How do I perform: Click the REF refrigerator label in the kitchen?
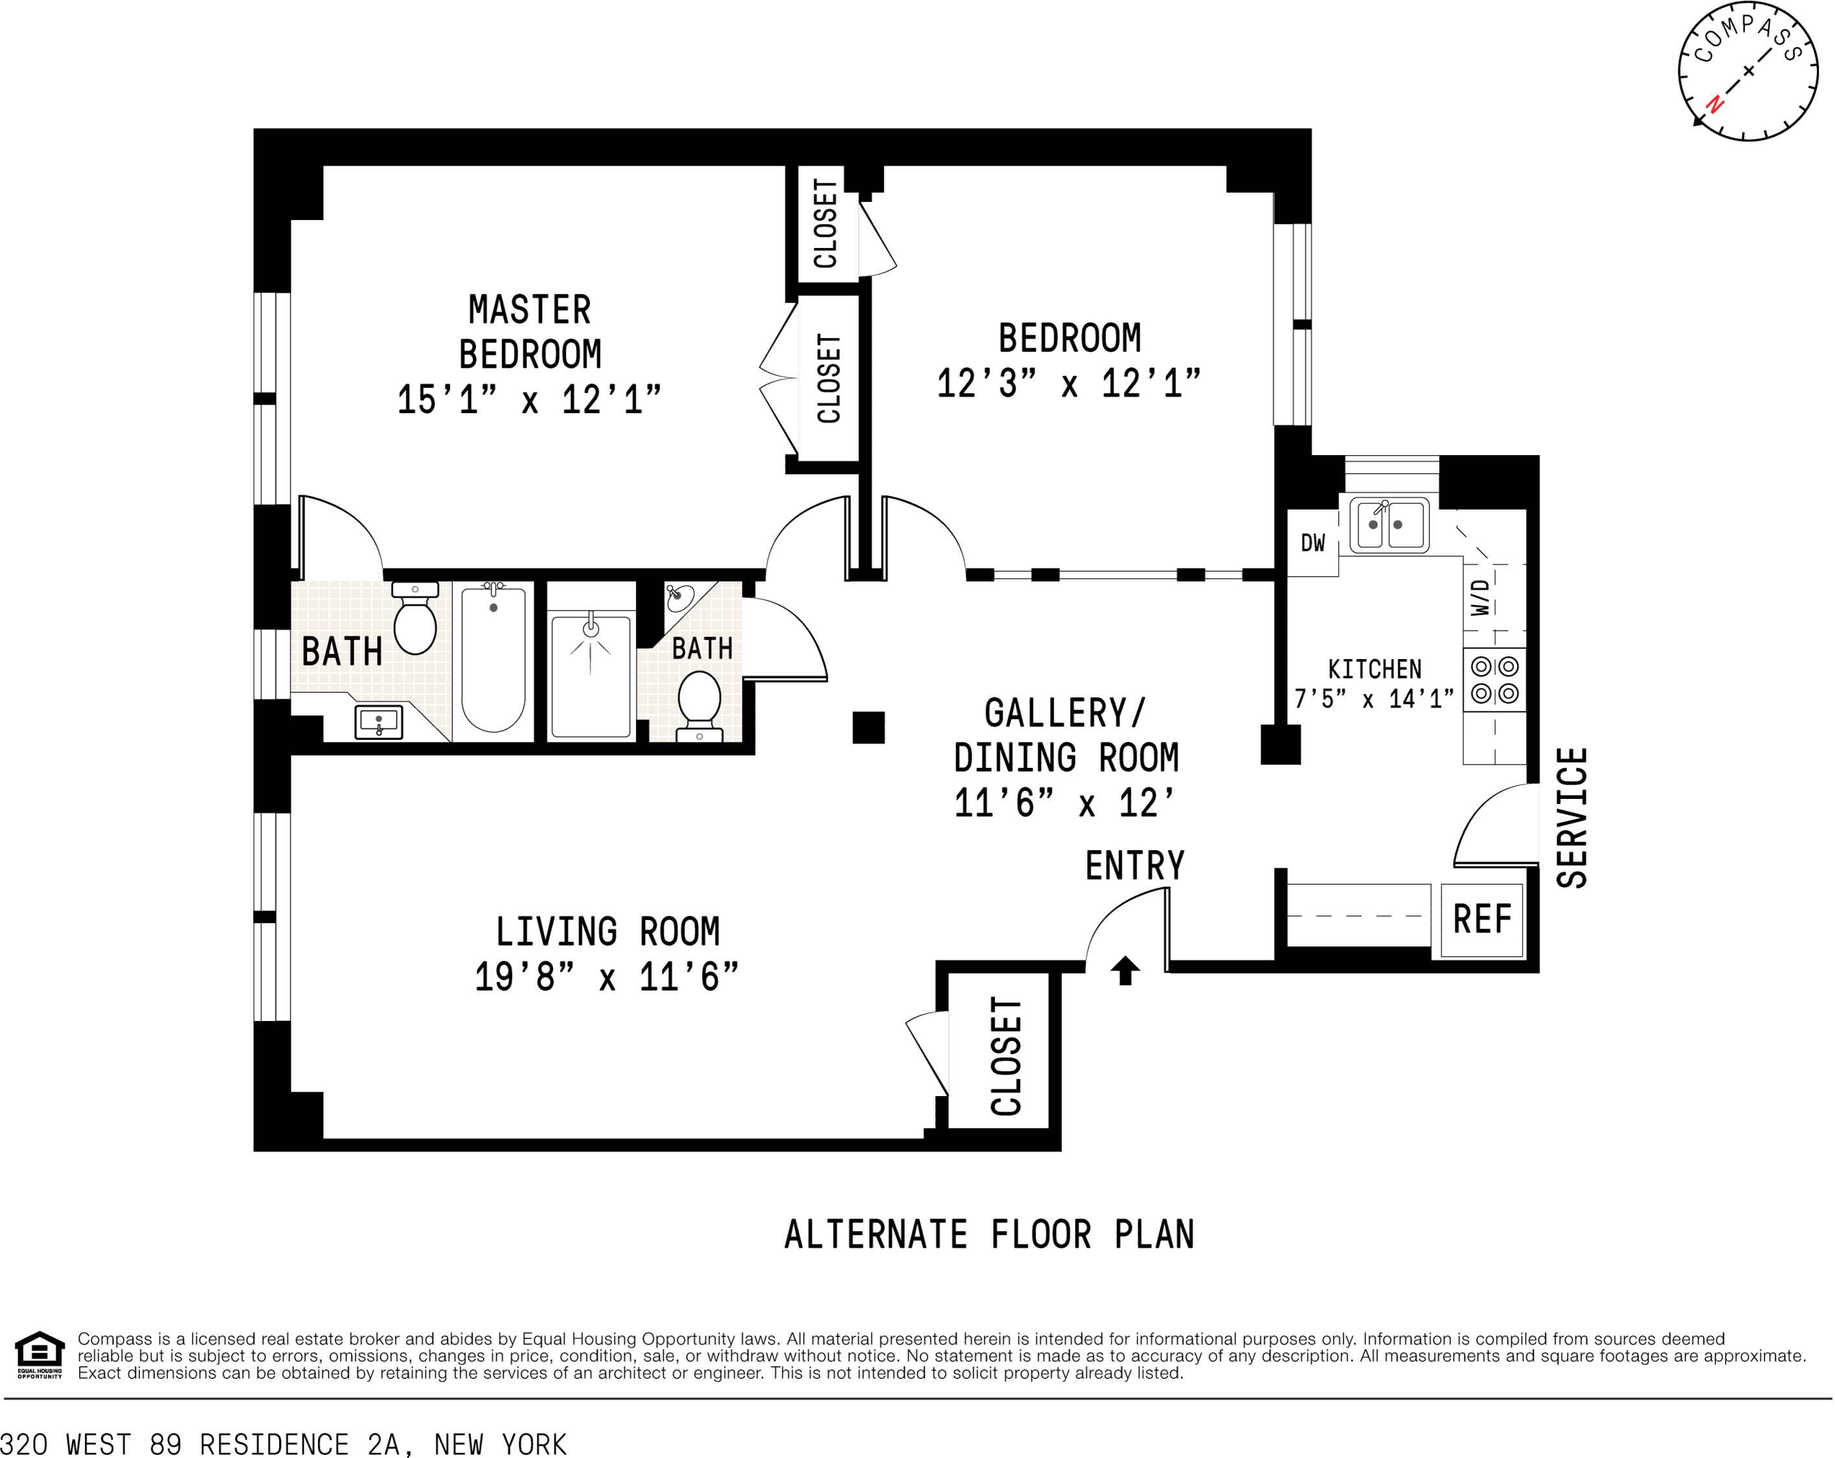point(1481,919)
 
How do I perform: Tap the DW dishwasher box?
point(1312,543)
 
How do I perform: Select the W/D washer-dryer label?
point(1481,597)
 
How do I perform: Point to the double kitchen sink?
point(1389,524)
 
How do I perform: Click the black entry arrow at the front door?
point(1125,970)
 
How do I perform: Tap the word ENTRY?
point(1134,866)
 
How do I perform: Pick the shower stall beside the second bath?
point(591,676)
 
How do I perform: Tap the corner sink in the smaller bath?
point(679,597)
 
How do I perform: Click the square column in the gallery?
point(868,728)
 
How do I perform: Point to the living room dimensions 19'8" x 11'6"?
point(606,977)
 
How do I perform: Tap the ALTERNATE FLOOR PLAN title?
point(989,1235)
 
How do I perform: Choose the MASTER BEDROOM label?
point(530,332)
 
